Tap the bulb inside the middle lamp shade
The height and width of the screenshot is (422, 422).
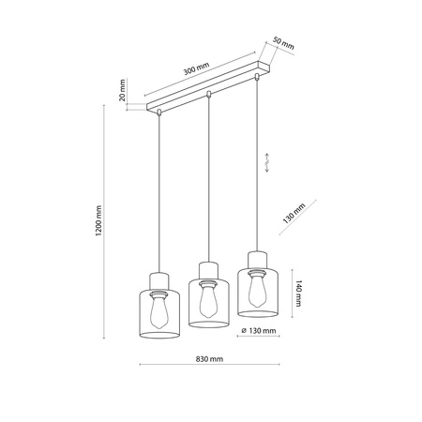208,298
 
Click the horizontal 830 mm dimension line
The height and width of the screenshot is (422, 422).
211,366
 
